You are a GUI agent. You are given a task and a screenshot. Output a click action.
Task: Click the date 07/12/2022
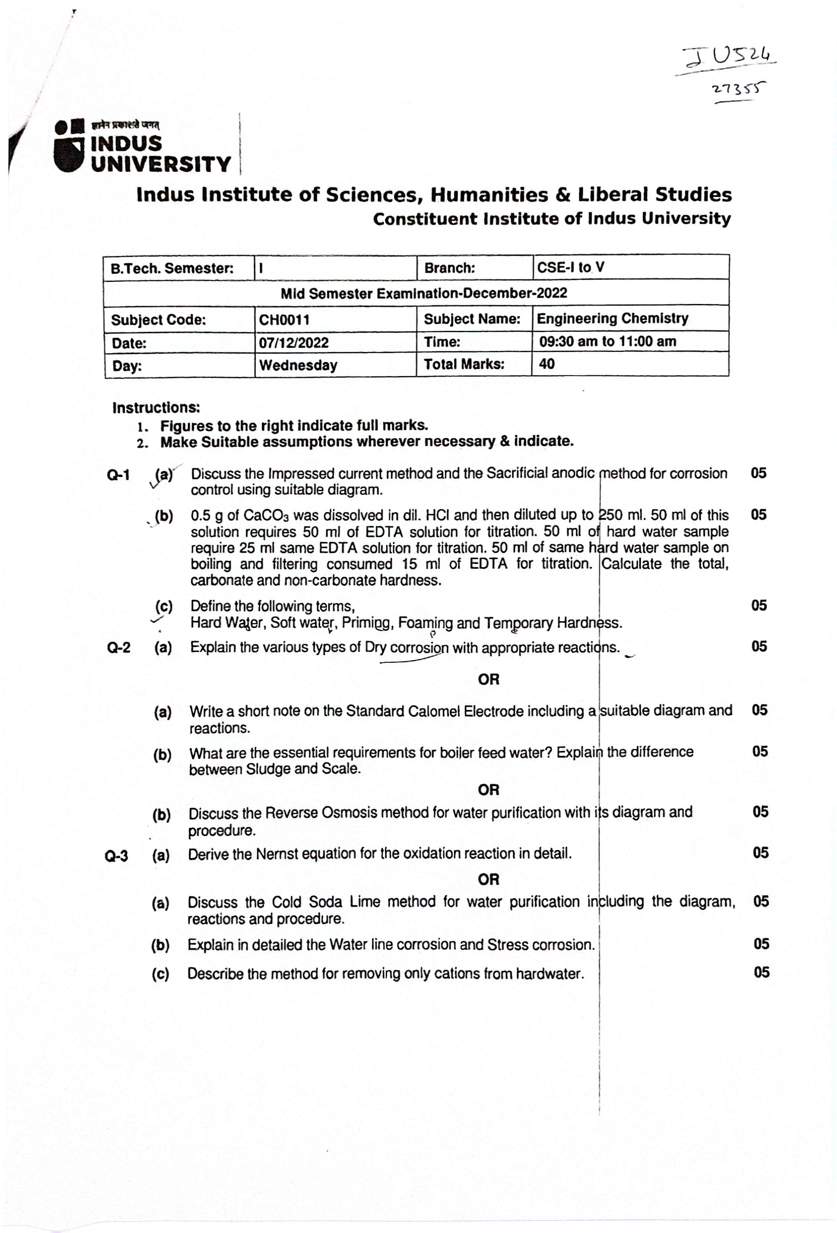[293, 343]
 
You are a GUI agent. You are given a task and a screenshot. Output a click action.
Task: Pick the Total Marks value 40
[546, 364]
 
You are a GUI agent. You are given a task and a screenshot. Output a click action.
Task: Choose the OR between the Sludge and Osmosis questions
[488, 790]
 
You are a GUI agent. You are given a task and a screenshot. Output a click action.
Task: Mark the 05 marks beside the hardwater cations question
[761, 972]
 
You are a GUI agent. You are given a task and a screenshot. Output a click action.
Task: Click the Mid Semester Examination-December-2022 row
[423, 293]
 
